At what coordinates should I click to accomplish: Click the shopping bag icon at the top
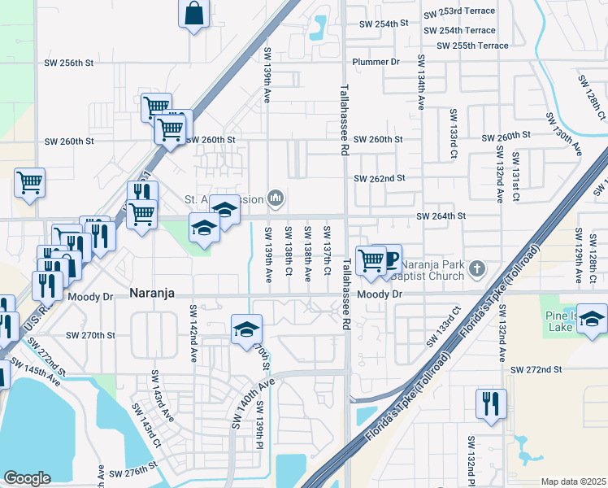194,14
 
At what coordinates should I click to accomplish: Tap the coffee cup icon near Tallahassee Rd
389,259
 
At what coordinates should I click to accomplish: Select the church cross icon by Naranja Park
477,268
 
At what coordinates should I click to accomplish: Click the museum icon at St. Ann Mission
276,198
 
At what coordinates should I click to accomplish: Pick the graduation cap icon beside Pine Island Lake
593,320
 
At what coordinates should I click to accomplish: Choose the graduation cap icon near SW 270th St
247,329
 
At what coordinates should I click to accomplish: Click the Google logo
27,478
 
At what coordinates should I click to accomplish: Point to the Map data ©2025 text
573,481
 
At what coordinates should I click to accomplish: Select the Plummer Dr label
376,62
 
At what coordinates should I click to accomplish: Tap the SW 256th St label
68,62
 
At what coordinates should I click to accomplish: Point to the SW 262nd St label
379,178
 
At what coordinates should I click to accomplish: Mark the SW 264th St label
441,216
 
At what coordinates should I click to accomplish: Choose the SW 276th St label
132,473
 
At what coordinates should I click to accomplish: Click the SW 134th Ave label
421,83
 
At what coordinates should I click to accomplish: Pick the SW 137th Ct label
327,252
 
